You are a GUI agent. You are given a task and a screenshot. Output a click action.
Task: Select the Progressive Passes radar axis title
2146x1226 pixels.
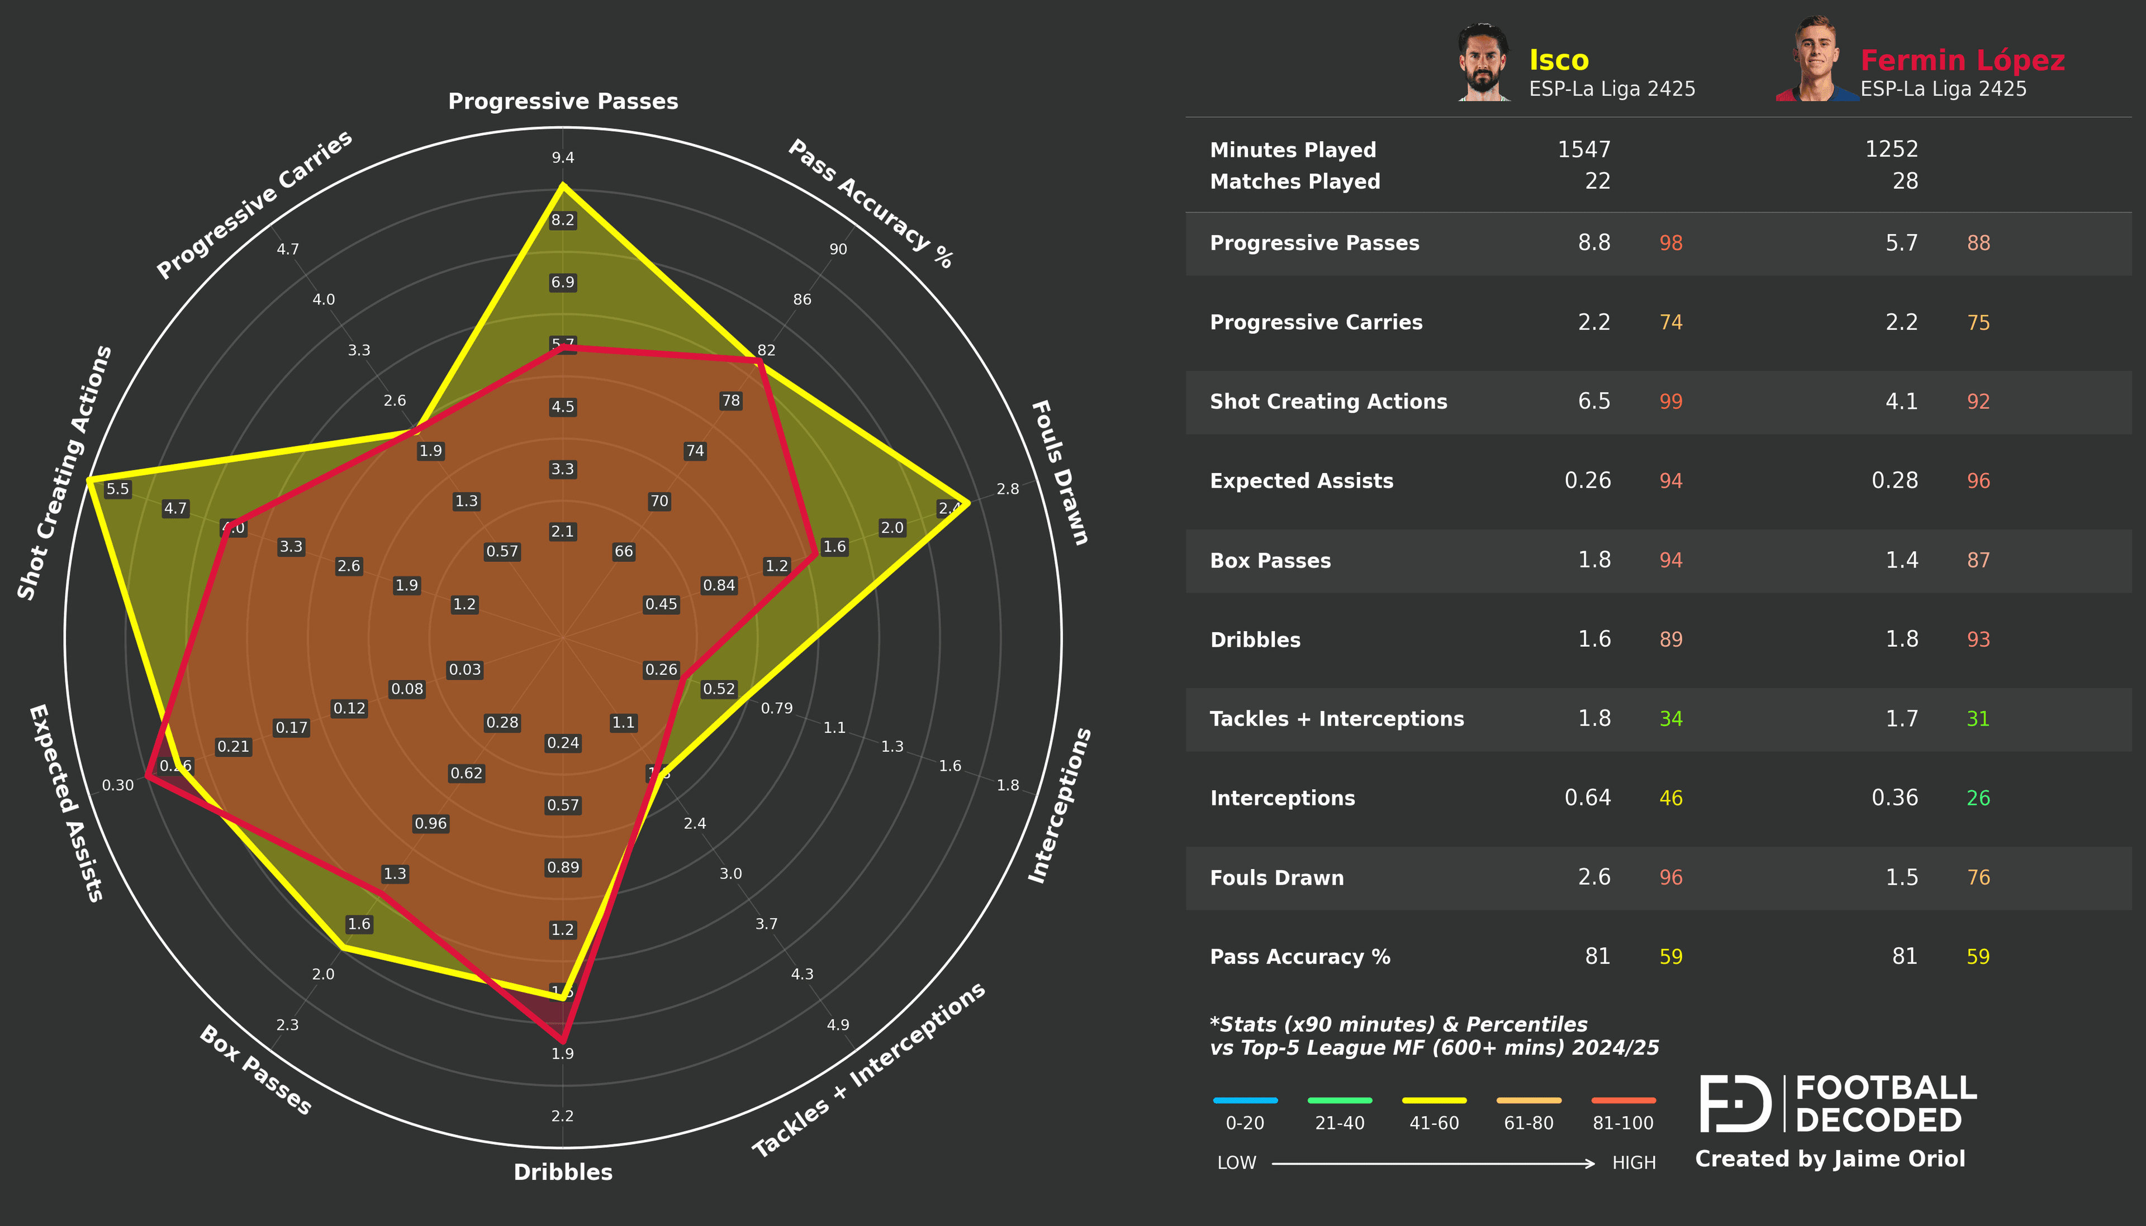563,101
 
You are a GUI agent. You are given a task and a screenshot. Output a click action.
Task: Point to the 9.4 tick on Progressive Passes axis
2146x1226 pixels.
563,158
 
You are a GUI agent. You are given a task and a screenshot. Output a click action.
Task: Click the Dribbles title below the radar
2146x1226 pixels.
563,1171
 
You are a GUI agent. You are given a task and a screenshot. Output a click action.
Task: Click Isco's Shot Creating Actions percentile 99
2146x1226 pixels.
1670,402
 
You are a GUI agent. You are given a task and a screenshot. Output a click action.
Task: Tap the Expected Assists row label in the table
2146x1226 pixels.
1301,481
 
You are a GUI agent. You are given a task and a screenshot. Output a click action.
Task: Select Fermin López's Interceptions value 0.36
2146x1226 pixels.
1894,798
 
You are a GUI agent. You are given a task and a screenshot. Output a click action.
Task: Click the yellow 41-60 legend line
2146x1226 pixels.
1433,1100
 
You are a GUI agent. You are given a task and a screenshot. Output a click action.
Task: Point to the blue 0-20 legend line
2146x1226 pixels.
1245,1100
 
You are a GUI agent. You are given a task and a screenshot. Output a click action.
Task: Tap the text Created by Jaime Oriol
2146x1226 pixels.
1829,1158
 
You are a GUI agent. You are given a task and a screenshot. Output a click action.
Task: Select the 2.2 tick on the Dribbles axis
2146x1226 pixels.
563,1116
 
